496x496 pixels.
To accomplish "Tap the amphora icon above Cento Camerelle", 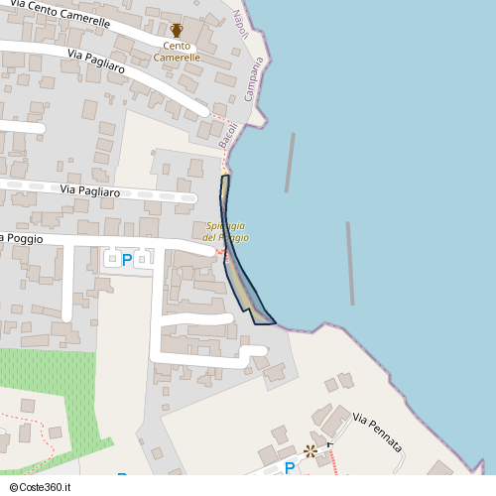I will (177, 31).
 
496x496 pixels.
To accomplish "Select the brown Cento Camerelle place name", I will (177, 52).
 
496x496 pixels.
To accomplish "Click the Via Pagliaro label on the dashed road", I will (89, 190).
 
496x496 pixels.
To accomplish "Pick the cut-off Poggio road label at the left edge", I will (16, 238).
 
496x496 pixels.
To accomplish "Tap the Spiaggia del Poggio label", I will (226, 232).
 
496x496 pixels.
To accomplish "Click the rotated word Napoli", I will (239, 23).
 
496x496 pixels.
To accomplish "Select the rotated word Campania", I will (254, 80).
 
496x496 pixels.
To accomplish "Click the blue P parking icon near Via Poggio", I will (126, 260).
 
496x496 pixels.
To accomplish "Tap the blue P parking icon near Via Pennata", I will (290, 468).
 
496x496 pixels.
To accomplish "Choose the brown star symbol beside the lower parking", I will (310, 451).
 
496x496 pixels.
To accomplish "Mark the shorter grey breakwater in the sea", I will (290, 162).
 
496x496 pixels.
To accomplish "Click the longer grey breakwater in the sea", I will (350, 263).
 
